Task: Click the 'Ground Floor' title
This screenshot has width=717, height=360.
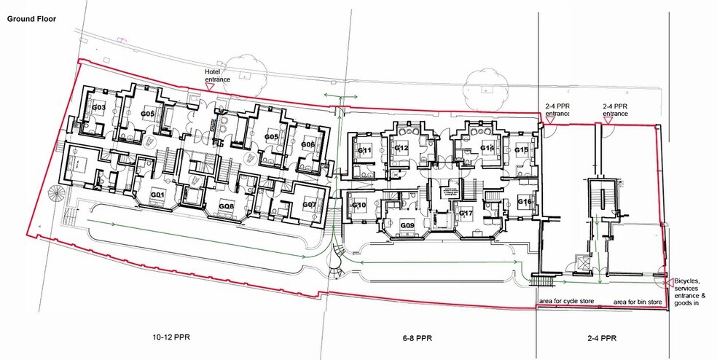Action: [31, 19]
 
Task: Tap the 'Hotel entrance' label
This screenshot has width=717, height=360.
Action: [217, 76]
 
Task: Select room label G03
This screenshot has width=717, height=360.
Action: [99, 108]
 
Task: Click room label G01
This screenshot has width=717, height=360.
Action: [157, 195]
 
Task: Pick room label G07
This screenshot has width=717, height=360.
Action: [310, 205]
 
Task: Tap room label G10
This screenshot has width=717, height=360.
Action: [359, 205]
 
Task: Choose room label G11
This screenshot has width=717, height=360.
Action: [364, 150]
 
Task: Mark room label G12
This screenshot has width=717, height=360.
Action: [401, 148]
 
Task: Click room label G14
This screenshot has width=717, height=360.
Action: [487, 148]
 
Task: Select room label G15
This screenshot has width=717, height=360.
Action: [521, 150]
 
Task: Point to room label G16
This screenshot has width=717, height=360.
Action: [525, 202]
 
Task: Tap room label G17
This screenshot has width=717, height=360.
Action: [466, 214]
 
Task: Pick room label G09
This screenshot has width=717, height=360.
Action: [407, 225]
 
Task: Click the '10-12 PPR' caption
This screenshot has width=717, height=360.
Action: [171, 337]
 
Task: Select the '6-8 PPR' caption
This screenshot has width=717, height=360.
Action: [417, 338]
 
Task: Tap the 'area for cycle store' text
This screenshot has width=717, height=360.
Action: [567, 301]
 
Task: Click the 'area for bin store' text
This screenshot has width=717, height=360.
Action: [638, 302]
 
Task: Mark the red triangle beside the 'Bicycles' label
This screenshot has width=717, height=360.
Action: [670, 281]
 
